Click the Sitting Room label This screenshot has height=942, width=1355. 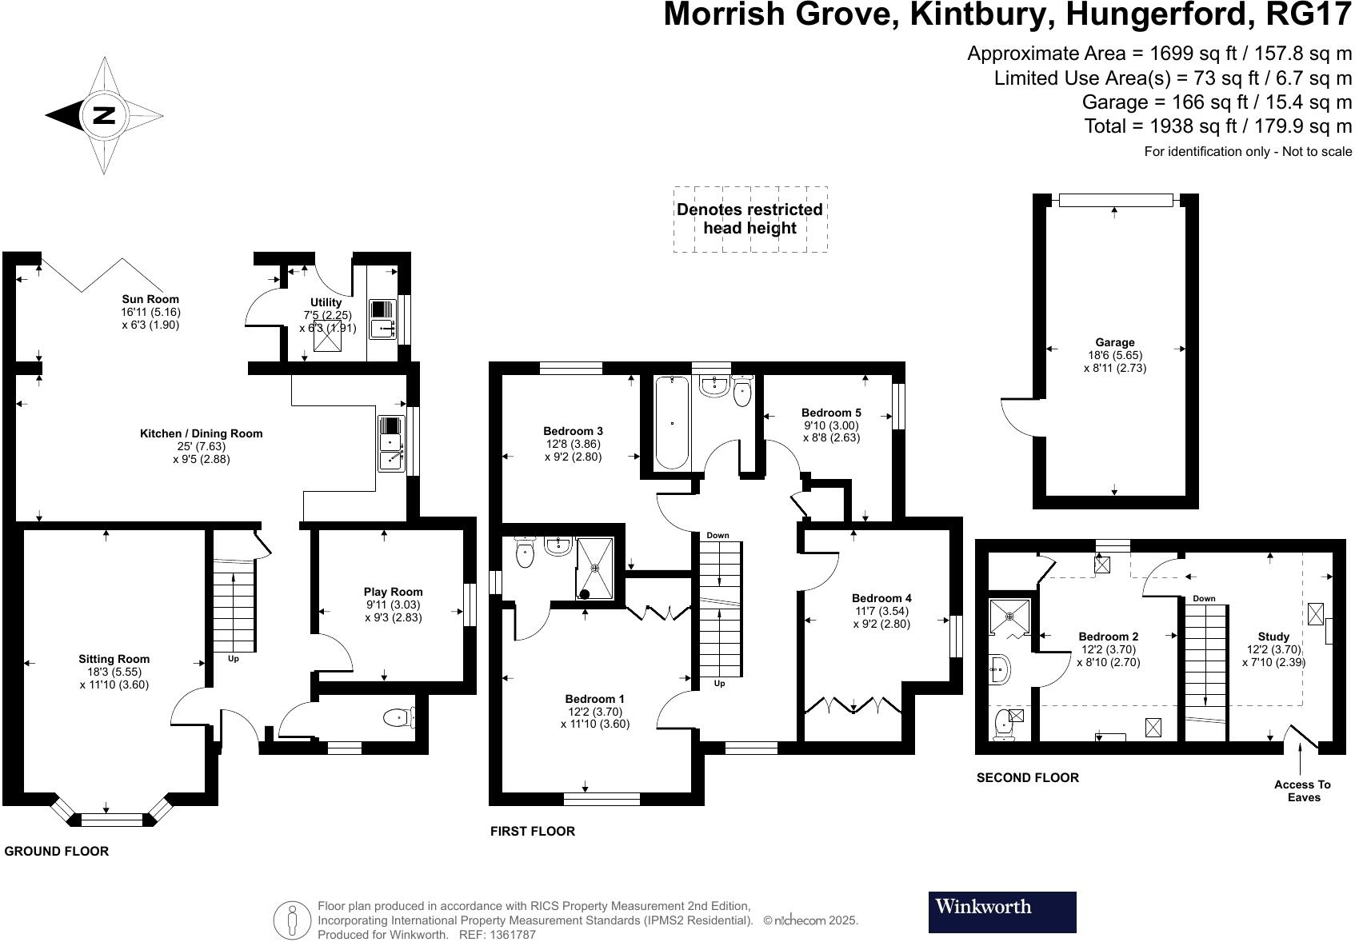coord(114,660)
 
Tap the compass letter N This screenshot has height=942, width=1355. coord(104,115)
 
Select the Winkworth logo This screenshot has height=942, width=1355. coord(1001,912)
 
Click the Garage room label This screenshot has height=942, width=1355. coord(1114,343)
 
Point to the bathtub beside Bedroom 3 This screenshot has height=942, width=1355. coord(672,423)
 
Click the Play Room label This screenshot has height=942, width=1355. coord(393,593)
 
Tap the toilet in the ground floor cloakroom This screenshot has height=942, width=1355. coord(398,718)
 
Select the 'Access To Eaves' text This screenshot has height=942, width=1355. coord(1303,791)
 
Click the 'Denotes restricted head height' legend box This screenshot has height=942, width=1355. coord(749,219)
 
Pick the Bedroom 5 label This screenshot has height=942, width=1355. coord(831,413)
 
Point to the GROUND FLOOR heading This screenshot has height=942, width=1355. coord(56,851)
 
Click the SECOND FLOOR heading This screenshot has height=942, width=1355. coord(1027,777)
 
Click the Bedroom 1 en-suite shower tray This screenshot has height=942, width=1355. coord(595,568)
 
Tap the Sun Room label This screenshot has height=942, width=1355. coord(150,300)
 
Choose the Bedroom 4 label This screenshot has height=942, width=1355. coord(881,598)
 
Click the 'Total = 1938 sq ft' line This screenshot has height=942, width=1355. coord(1217,126)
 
